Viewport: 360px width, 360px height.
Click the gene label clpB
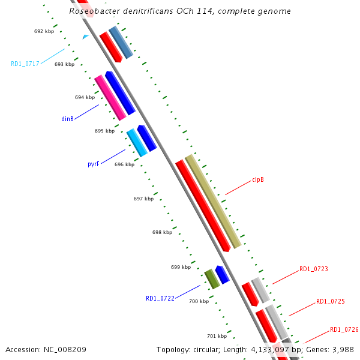click(259, 179)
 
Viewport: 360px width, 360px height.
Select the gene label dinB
click(67, 119)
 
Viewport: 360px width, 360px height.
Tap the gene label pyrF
click(93, 163)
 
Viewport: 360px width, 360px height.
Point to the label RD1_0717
click(25, 64)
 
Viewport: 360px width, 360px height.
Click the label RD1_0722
click(160, 298)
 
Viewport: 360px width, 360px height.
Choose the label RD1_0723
click(314, 269)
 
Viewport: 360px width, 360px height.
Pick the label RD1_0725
click(330, 301)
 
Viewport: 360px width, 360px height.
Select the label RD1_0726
click(344, 330)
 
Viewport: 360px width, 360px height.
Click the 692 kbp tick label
click(44, 31)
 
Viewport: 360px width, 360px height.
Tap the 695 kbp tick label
click(104, 131)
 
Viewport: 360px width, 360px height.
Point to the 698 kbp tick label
click(162, 232)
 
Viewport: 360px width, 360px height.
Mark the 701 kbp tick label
click(217, 336)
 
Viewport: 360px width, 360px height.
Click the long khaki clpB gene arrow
click(213, 201)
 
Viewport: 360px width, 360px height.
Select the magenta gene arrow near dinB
click(110, 97)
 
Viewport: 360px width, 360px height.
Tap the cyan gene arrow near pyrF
click(137, 143)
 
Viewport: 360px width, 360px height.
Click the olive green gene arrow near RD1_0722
click(212, 279)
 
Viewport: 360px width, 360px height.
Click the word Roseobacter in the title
click(94, 11)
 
